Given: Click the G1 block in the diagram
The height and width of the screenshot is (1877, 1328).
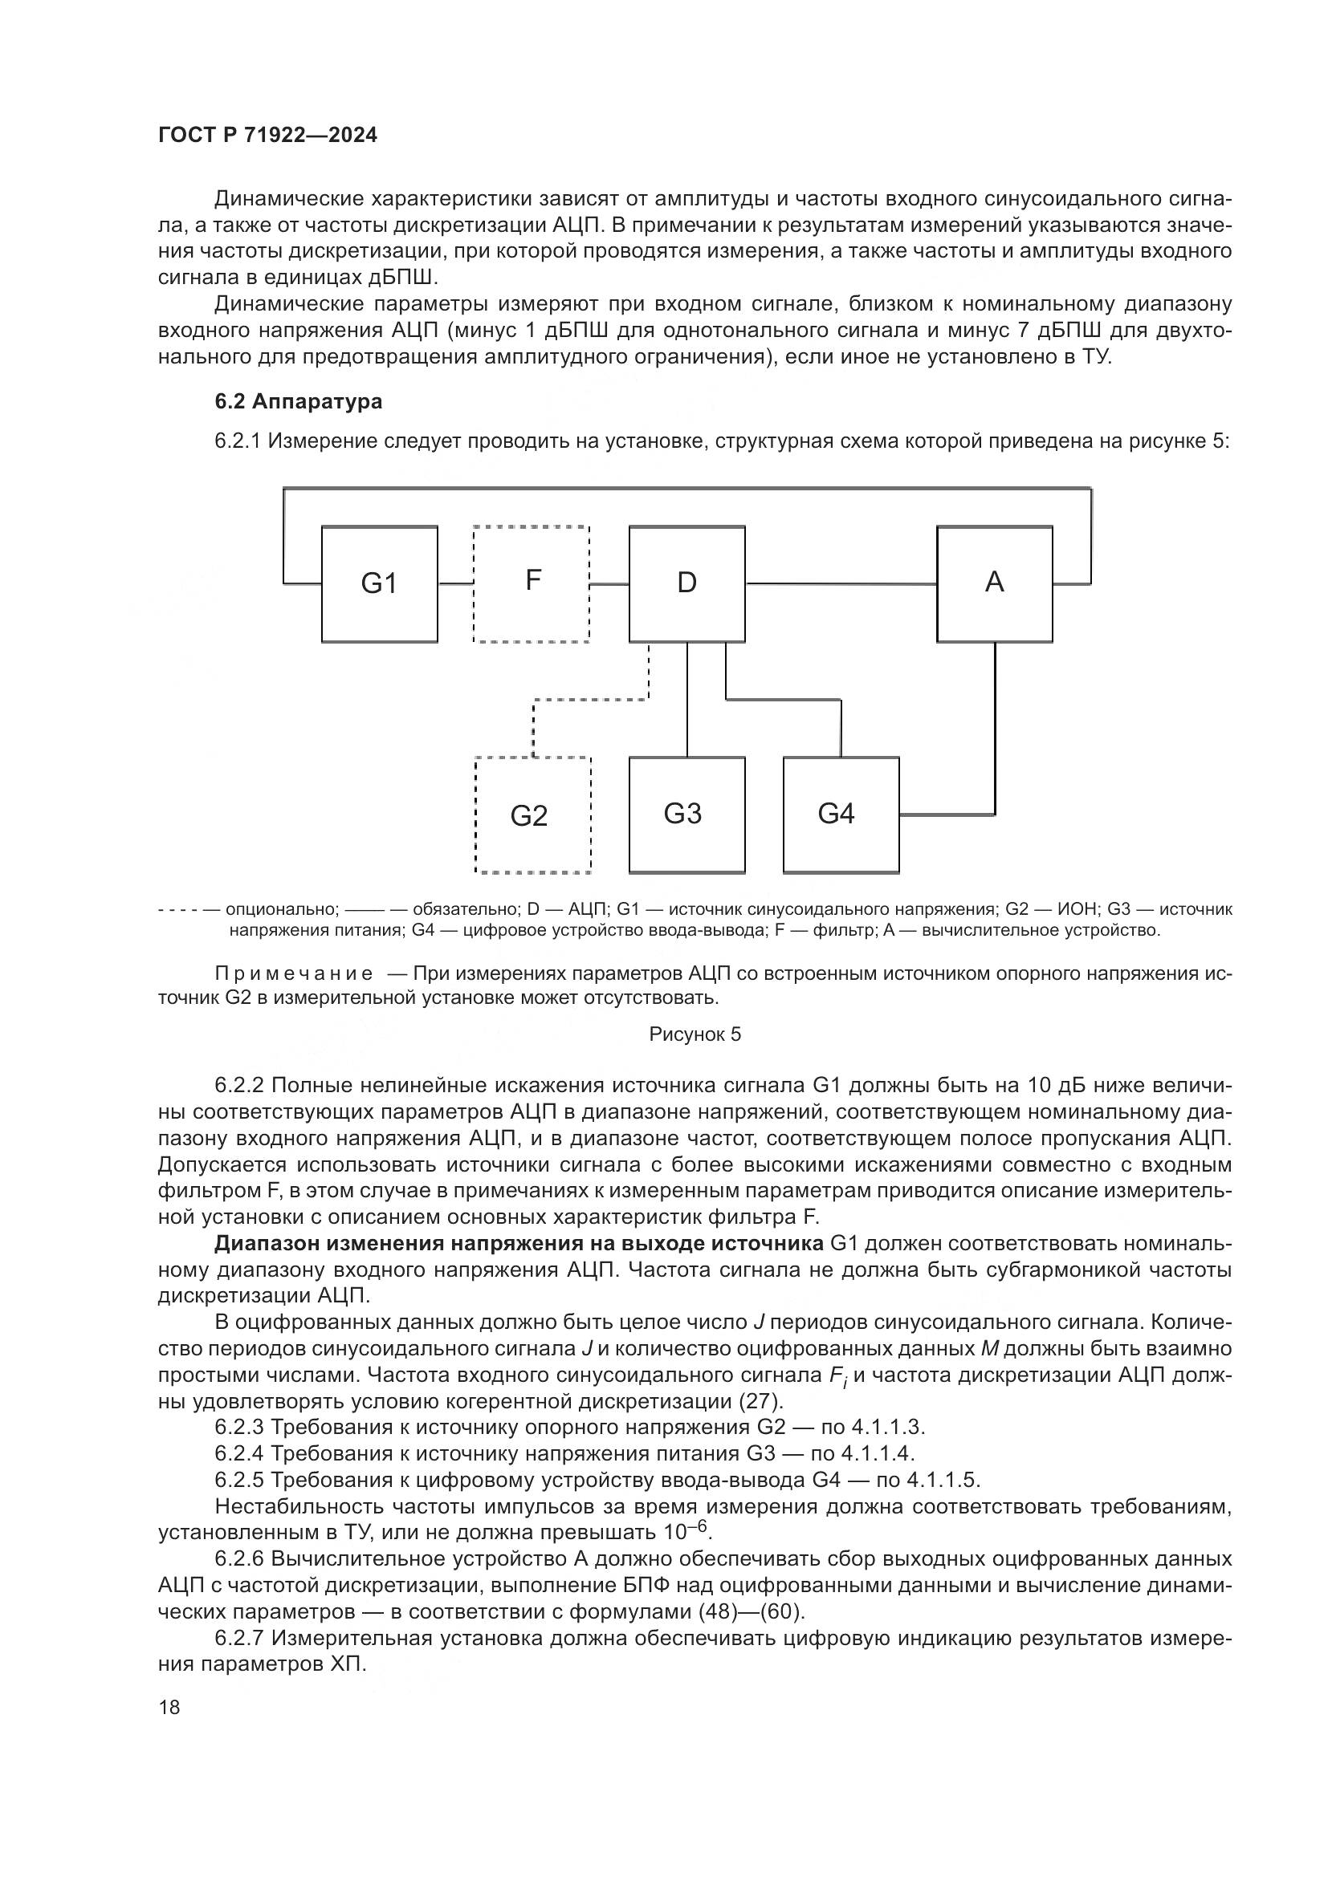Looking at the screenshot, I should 379,583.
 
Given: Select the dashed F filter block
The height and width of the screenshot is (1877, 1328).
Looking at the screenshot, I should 532,583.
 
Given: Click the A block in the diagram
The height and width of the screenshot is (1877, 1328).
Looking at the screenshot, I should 993,583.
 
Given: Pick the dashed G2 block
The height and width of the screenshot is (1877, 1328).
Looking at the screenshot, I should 532,815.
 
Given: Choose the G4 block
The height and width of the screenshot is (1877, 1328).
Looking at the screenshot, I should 840,815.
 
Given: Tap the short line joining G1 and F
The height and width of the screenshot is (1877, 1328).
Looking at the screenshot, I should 455,583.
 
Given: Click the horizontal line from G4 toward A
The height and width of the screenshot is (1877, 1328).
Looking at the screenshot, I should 946,815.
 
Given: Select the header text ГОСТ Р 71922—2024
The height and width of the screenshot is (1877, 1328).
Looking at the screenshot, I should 267,136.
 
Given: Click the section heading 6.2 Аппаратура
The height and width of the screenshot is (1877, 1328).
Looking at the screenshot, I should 299,401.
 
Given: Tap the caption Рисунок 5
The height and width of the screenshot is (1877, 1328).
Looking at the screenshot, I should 695,1034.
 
